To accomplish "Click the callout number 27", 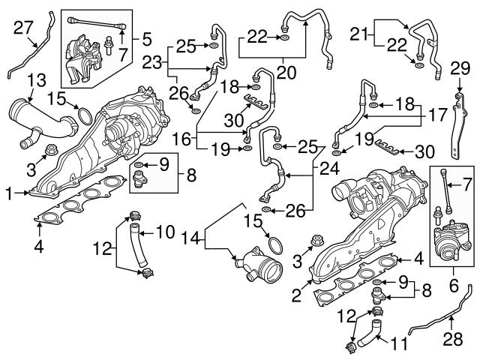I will point(24,28).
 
